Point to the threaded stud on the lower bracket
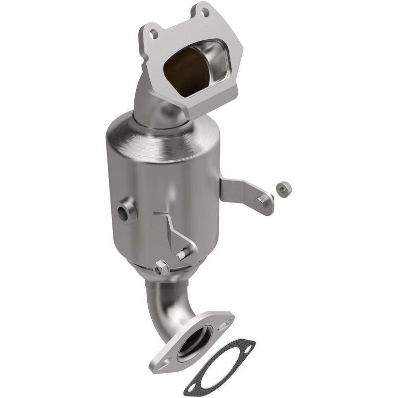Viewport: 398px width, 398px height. point(182,255)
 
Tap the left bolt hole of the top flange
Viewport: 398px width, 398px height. point(155,34)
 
